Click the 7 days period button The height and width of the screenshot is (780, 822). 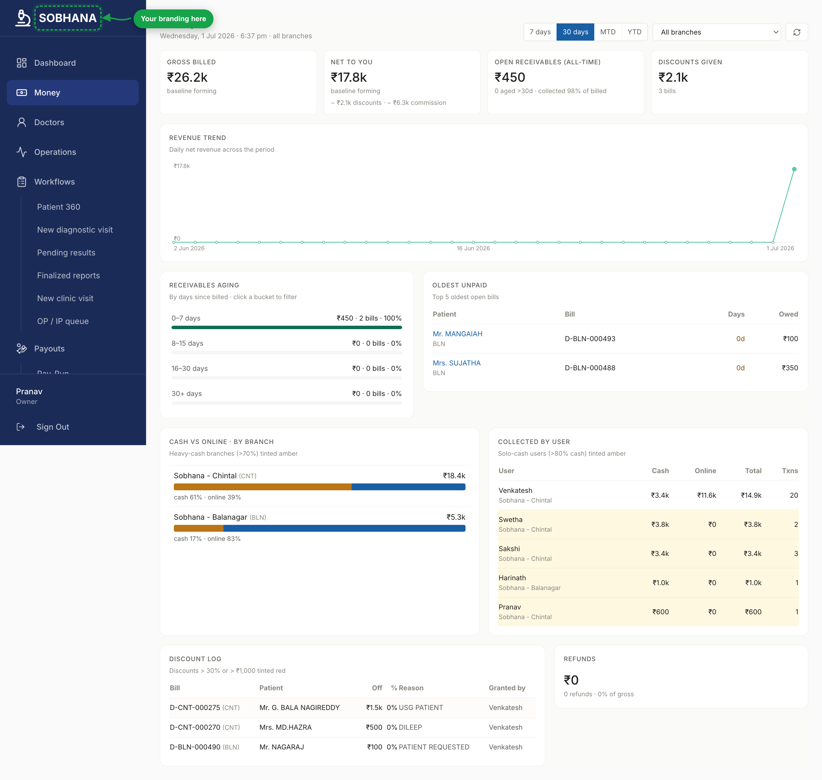click(540, 32)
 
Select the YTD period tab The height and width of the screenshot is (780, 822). click(634, 32)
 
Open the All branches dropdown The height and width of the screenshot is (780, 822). click(716, 32)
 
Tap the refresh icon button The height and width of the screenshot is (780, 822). click(797, 32)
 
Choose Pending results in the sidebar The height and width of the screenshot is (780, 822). click(66, 252)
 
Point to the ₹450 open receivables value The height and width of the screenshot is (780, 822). click(510, 77)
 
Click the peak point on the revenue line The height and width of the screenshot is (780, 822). click(794, 169)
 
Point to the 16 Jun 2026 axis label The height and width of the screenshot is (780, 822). click(473, 248)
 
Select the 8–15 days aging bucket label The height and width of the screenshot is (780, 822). click(187, 343)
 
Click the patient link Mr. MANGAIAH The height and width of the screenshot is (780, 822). click(457, 334)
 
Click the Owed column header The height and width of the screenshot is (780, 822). click(788, 314)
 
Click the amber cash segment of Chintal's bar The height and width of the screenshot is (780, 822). click(263, 487)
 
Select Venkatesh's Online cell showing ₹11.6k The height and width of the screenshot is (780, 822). click(706, 495)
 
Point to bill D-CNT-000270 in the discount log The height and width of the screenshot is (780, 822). click(195, 727)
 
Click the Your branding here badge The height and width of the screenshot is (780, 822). click(173, 19)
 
